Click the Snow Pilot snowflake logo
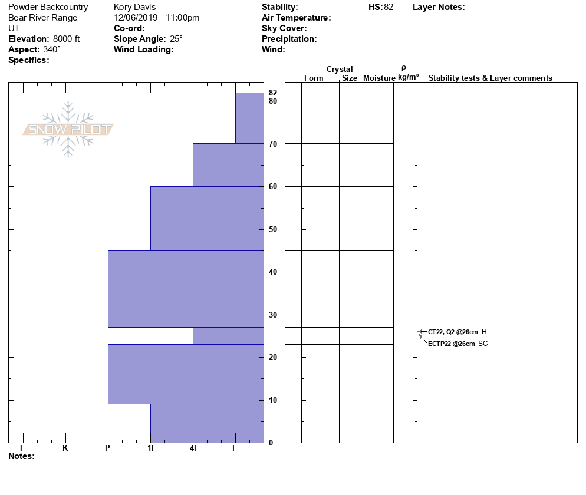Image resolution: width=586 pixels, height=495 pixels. pos(68,129)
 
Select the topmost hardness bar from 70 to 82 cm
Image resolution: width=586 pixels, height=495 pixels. pos(249,118)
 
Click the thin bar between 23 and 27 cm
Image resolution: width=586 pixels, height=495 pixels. pos(228,335)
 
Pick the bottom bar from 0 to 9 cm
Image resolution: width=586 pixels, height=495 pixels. pos(206,423)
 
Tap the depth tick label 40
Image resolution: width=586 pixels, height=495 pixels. pos(272,272)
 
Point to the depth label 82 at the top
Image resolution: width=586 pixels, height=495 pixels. pos(272,93)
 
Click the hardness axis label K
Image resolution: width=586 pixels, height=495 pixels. pos(65,448)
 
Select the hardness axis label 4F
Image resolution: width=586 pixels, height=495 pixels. pos(193,448)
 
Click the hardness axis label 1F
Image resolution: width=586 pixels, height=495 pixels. pos(151,448)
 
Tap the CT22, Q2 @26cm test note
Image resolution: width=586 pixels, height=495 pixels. pos(452,332)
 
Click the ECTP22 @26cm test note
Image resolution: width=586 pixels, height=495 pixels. pos(451,344)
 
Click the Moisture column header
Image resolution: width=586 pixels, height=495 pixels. pos(379,78)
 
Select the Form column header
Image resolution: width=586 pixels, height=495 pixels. pos(314,78)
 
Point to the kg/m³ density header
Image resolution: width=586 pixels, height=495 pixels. pos(408,77)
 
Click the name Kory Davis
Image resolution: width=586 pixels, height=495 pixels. pos(134,7)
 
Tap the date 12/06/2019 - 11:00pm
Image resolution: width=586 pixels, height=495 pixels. pos(156,18)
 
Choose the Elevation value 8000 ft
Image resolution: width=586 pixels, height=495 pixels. pos(66,39)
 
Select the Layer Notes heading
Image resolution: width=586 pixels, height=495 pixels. pos(439,7)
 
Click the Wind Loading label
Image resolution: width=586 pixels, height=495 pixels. pos(143,49)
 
